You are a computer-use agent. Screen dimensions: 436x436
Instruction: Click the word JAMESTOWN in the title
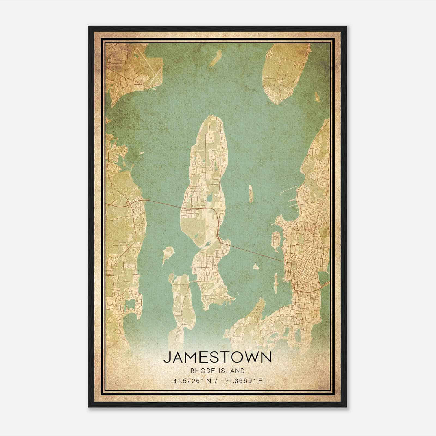pos(217,357)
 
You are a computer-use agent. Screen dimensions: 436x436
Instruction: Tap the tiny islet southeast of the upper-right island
pos(317,96)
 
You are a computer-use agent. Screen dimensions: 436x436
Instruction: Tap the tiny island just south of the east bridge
pos(256,266)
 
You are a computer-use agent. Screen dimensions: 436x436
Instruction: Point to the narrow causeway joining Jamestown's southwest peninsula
pos(193,281)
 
